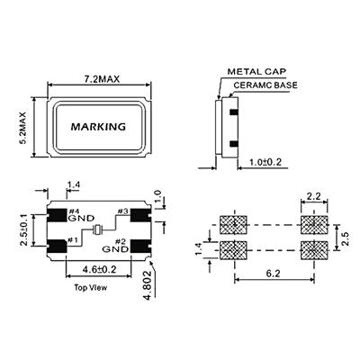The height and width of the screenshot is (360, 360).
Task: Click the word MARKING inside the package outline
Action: click(98, 127)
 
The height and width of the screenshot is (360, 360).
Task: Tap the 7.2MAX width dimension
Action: click(102, 79)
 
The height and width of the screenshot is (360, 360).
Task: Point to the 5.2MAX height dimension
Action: click(23, 128)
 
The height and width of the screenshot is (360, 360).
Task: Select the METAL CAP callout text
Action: click(256, 72)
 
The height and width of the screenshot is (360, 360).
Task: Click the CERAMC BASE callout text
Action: click(265, 85)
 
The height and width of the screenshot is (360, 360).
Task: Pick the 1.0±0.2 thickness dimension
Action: click(265, 162)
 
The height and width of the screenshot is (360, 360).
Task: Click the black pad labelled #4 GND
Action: click(57, 215)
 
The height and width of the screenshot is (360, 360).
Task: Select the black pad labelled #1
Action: click(57, 247)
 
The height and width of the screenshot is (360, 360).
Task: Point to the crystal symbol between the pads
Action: click(97, 230)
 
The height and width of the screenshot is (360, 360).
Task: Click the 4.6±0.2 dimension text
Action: click(99, 269)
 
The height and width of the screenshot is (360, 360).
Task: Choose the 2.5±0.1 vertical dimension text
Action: click(24, 230)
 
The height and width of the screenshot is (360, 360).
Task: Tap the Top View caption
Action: click(91, 288)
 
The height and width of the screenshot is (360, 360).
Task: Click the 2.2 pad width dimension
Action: click(314, 196)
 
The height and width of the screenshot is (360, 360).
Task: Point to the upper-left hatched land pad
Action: click(233, 225)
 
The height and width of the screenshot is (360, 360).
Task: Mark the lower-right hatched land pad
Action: click(314, 250)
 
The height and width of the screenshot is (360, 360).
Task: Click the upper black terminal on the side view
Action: click(233, 112)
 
